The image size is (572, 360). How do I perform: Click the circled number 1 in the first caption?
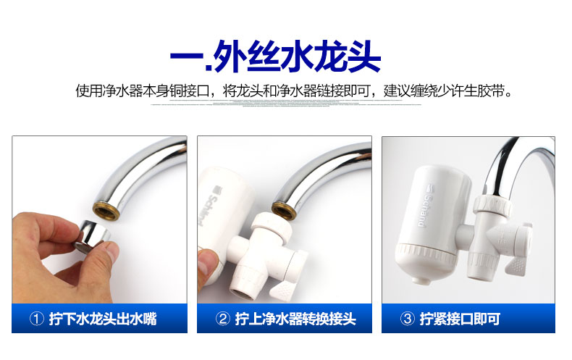38,319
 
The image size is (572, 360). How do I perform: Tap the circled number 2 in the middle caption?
223,319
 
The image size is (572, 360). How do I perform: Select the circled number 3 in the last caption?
408,319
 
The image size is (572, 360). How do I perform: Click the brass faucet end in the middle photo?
283,198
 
